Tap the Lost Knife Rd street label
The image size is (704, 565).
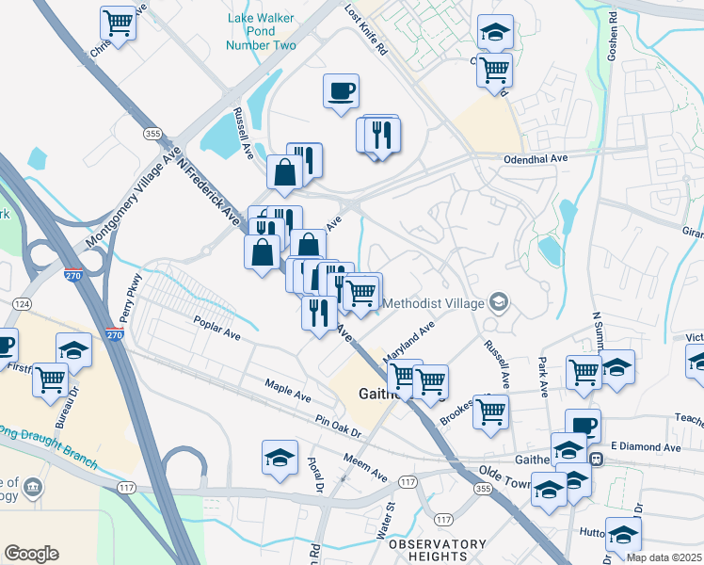[367, 30]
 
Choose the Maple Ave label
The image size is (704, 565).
[287, 386]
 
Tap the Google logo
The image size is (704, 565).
[31, 553]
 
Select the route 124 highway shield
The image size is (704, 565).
[22, 303]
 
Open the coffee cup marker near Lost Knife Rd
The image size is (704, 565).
[341, 91]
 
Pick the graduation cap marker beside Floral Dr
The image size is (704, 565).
[279, 458]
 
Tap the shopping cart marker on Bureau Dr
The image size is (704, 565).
[51, 379]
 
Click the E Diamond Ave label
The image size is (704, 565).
[645, 446]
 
